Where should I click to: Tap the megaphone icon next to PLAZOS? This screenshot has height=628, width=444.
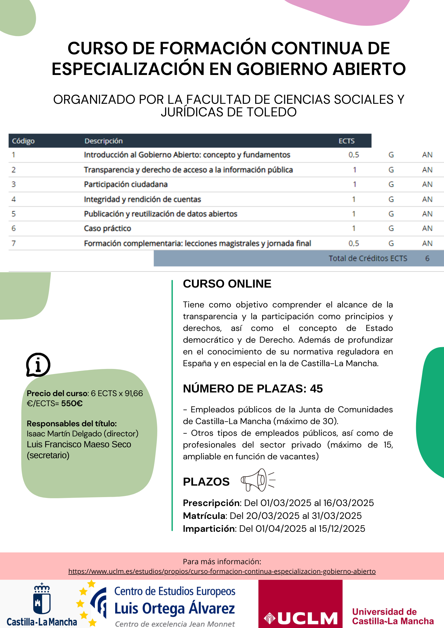[257, 480]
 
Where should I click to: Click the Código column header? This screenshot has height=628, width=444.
[23, 141]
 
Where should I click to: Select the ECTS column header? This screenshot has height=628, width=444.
[346, 141]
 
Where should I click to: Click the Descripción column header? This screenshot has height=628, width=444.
[104, 141]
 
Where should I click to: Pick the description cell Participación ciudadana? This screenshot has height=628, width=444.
[126, 184]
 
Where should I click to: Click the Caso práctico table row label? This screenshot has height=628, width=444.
[107, 229]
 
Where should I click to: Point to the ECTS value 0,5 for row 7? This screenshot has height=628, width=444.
[354, 243]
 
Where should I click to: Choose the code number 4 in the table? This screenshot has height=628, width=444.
[13, 199]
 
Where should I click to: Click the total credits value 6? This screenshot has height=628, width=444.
[427, 258]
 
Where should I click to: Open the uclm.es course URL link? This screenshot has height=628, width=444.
[222, 571]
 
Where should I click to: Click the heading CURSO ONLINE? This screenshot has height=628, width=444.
[227, 284]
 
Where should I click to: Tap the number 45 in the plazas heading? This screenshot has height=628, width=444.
[316, 389]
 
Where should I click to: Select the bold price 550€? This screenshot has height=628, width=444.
[72, 403]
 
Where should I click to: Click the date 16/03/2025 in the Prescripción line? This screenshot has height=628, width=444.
[348, 503]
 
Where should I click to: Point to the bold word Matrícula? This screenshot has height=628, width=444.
[204, 516]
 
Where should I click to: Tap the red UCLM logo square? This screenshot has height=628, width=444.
[300, 604]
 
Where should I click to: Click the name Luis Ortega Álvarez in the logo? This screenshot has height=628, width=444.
[175, 608]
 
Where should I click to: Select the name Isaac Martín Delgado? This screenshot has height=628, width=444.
[64, 434]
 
